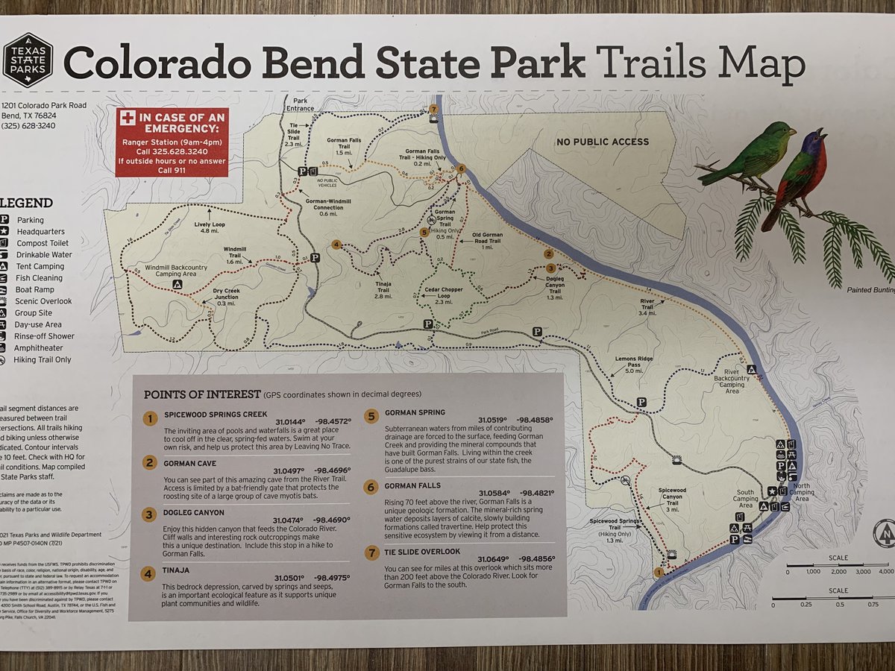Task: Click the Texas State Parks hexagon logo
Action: pyautogui.click(x=28, y=60)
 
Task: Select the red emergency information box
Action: pyautogui.click(x=172, y=142)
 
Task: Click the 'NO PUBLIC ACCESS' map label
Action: pyautogui.click(x=602, y=142)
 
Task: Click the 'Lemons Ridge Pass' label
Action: pyautogui.click(x=633, y=364)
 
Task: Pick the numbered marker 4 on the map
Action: pyautogui.click(x=337, y=245)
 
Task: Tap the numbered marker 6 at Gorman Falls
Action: pyautogui.click(x=462, y=168)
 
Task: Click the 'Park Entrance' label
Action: pyautogui.click(x=300, y=104)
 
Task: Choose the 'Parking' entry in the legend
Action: pyautogui.click(x=30, y=220)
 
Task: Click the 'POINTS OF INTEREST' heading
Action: pyautogui.click(x=201, y=394)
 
